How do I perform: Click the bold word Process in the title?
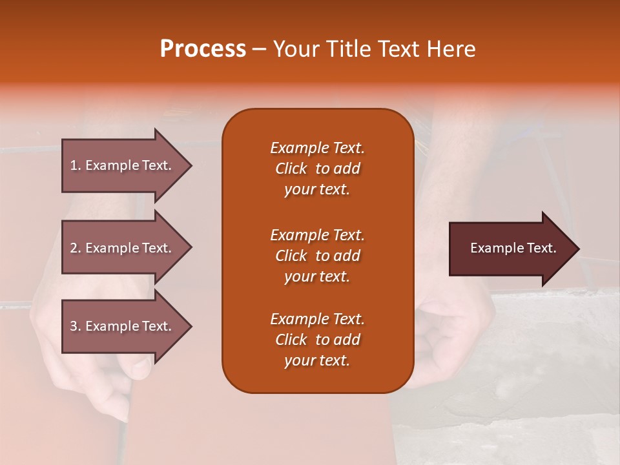click(203, 49)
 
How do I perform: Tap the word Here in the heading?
click(451, 49)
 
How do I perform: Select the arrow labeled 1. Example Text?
click(123, 165)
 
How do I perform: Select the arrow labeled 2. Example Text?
click(123, 248)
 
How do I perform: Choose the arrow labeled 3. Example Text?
click(123, 326)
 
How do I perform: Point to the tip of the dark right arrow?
click(577, 249)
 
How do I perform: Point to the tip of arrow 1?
click(191, 165)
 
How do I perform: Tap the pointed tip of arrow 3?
click(191, 326)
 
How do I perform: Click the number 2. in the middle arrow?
click(76, 248)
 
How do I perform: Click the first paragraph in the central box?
click(317, 169)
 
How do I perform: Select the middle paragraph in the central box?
click(317, 256)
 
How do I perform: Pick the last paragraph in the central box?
click(317, 340)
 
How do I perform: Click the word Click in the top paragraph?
click(291, 169)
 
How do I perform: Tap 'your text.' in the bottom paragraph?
click(317, 360)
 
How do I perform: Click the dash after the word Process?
click(259, 49)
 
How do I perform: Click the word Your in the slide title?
click(294, 49)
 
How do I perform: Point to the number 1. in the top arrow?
click(76, 165)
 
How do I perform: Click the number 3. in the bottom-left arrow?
click(76, 326)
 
